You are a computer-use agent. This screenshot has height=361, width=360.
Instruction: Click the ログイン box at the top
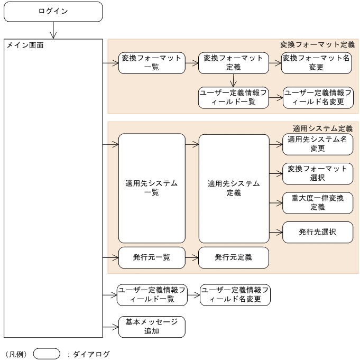click(x=53, y=12)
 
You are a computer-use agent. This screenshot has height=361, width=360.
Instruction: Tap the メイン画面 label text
click(x=25, y=46)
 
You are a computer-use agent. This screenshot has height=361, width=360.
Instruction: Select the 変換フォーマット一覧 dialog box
click(x=151, y=62)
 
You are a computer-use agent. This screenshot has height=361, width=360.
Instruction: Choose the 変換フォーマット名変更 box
click(x=316, y=62)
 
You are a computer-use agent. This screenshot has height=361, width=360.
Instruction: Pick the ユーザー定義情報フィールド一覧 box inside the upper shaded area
click(x=233, y=97)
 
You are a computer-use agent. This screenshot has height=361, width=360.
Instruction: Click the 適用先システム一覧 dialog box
click(x=151, y=188)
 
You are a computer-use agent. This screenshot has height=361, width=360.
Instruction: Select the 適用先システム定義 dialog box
click(x=233, y=188)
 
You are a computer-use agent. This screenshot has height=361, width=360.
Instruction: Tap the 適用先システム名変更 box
click(x=317, y=144)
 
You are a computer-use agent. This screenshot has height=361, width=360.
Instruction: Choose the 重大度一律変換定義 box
click(x=317, y=202)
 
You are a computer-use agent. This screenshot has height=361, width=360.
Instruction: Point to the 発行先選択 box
click(x=317, y=232)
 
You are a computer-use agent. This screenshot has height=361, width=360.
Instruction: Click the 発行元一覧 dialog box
click(x=151, y=257)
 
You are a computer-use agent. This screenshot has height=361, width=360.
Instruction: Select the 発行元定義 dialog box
click(x=233, y=257)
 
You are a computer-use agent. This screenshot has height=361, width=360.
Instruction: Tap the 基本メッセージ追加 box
click(x=151, y=327)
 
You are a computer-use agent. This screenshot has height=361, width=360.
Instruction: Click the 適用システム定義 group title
click(x=322, y=128)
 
